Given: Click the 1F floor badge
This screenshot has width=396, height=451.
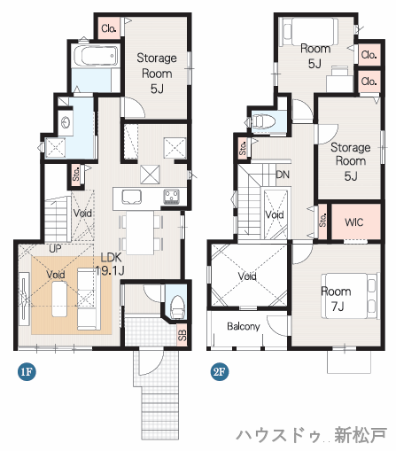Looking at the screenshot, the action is point(27,371).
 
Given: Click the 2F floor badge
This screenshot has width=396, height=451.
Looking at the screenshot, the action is point(220,371).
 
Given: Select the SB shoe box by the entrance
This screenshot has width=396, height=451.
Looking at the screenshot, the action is point(182,335).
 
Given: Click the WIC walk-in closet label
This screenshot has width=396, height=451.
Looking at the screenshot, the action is point(353,222).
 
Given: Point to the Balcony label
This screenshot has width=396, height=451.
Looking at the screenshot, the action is point(244,326).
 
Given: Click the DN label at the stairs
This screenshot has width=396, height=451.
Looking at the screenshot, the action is point(283,175).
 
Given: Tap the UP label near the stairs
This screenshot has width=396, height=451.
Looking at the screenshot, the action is point(55,249).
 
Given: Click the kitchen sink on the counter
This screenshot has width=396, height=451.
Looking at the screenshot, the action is point(131,196).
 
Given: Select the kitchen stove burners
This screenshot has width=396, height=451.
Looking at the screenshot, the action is point(172,196).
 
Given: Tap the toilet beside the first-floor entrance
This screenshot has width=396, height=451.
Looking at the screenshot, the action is point(177,307).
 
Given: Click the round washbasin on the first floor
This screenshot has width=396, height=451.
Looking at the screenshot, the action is point(66,122).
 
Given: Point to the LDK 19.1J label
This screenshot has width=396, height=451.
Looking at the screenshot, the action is point(110,264).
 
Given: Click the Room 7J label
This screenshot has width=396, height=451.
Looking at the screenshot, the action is point(337,299).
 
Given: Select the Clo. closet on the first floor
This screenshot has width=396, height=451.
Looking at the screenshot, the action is point(109,28).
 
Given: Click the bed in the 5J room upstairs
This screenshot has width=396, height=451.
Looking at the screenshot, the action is point(310,32).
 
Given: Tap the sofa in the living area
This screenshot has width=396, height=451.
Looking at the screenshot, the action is point(87,299).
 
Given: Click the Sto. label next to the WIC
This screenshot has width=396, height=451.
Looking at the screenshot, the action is point(323,221).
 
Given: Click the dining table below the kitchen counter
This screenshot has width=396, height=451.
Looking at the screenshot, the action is point(140,232).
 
